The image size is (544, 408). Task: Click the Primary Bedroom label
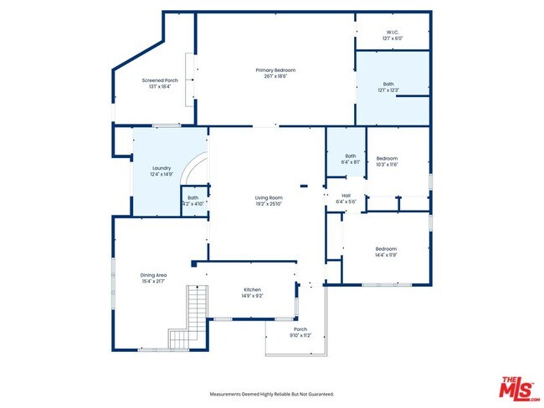(x=275, y=69)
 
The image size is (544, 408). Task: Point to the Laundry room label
(x=161, y=169)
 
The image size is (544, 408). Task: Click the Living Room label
(x=269, y=197)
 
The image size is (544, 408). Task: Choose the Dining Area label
(x=153, y=274)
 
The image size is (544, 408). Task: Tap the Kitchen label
(x=252, y=289)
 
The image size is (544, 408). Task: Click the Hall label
(x=346, y=196)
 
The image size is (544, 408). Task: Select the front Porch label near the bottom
(x=300, y=329)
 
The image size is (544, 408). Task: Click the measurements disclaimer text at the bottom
(x=271, y=393)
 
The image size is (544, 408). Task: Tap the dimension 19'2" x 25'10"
(x=269, y=203)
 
